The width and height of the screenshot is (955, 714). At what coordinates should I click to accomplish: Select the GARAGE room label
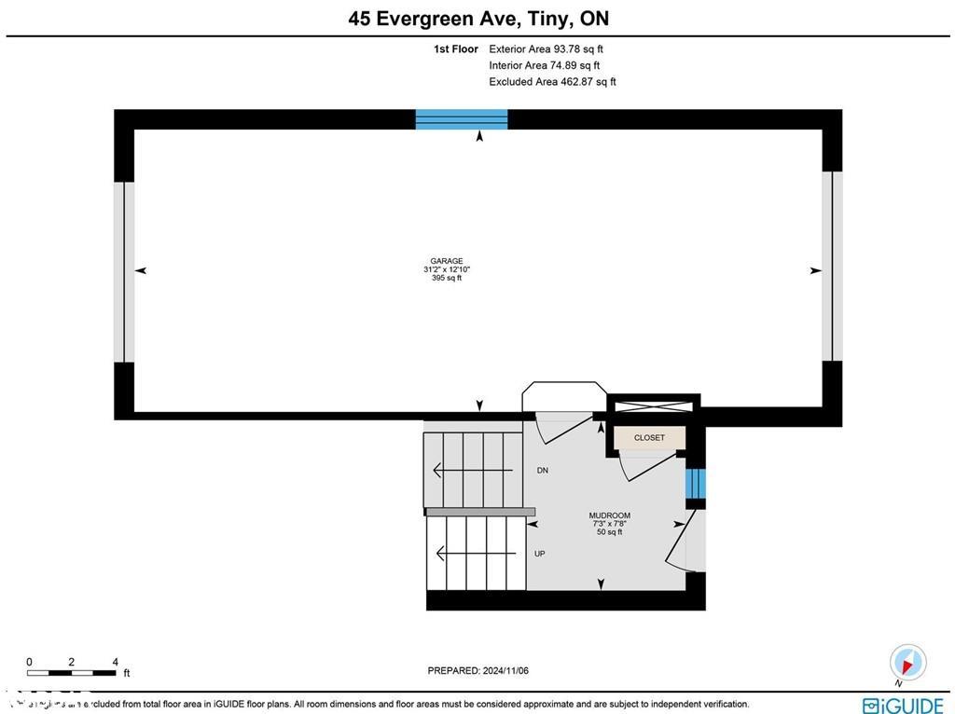point(447,261)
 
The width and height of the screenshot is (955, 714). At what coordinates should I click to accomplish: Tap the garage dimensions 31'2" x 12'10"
point(447,269)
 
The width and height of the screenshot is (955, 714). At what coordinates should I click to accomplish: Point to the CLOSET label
point(649,437)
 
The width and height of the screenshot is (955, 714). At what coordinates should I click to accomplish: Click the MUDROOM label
point(609,515)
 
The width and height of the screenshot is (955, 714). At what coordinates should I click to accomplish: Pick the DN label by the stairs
point(542,471)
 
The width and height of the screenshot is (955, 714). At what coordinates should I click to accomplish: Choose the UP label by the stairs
point(539,554)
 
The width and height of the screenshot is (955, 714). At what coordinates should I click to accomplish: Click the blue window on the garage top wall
point(462,118)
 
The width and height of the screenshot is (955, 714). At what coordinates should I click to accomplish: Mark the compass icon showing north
point(907,663)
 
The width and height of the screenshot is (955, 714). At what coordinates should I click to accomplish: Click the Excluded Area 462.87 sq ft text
point(552,82)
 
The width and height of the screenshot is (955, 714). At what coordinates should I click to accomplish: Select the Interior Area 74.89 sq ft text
point(544,65)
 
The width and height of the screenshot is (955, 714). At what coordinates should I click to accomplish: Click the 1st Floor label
point(455,48)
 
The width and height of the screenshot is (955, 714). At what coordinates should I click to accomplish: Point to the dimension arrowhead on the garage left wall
point(142,270)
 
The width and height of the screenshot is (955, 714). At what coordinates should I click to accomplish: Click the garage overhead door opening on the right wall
point(832,267)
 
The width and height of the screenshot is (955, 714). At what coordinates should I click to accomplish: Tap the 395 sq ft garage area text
point(447,278)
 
